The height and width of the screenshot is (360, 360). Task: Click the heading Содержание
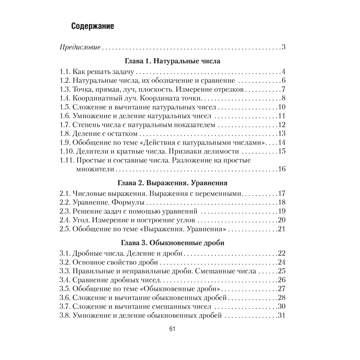point(93,26)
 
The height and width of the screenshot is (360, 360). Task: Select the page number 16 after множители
point(282,169)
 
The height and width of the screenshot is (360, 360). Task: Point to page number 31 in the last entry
point(282,316)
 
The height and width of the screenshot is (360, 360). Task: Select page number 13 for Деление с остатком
point(282,134)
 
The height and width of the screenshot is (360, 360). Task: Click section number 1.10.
point(66,151)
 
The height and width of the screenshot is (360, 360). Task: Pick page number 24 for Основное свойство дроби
point(282,262)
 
